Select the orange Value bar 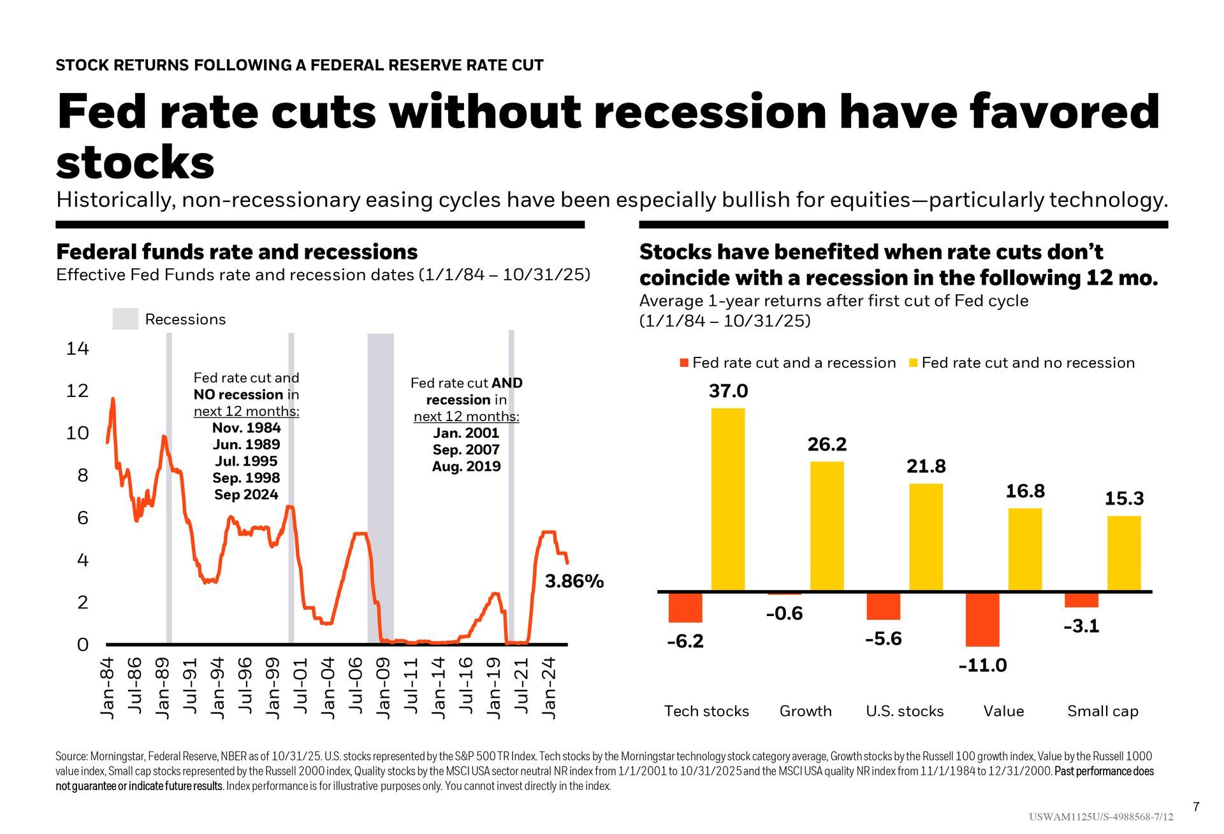coord(982,619)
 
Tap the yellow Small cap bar coord(1124,553)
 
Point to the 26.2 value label coord(827,444)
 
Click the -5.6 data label coord(883,638)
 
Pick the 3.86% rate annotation coord(574,581)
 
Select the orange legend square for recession coord(684,363)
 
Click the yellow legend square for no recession coord(913,363)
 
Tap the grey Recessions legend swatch coord(125,319)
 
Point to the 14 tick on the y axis coord(77,349)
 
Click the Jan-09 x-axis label coord(383,687)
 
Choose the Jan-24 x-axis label coord(549,687)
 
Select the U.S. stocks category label coord(904,711)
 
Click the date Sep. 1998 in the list coord(246,478)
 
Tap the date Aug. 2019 coord(466,466)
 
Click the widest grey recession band coord(381,484)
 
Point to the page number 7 coord(1196,807)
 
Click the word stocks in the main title coord(135,162)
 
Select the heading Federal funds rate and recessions coord(237,252)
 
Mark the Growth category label coord(805,711)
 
